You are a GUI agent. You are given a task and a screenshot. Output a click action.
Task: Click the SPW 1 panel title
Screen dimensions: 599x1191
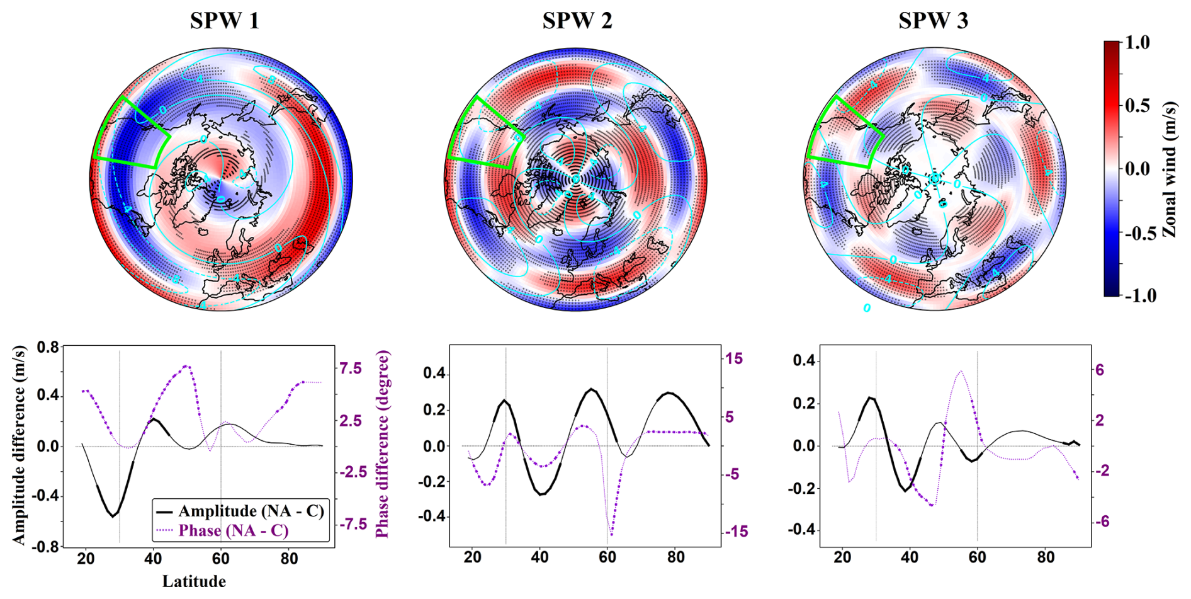point(225,21)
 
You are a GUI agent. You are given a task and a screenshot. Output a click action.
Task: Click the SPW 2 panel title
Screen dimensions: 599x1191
point(577,21)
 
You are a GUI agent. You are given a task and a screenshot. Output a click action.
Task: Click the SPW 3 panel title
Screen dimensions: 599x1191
point(933,21)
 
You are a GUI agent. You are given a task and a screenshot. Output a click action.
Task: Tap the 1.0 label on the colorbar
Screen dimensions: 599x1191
point(1137,43)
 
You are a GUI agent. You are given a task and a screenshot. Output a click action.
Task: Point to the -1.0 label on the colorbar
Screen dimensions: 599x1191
point(1139,295)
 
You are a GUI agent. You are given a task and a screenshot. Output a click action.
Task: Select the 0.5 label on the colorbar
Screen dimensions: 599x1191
point(1137,105)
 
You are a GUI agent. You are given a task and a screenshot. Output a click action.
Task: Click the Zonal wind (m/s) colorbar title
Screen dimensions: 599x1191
point(1170,169)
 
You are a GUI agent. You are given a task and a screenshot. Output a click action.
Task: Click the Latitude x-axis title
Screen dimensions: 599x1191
point(194,581)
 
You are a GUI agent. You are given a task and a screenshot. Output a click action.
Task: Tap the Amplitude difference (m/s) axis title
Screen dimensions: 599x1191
point(20,445)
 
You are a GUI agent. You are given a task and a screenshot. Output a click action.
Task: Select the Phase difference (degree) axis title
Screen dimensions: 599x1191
point(382,443)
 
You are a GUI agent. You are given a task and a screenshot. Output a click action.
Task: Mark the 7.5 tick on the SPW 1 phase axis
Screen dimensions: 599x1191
point(351,368)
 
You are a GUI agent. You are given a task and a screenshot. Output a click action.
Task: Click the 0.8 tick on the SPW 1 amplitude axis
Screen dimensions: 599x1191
point(48,347)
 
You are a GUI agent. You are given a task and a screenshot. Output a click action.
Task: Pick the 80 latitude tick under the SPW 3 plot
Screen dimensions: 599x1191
point(1045,557)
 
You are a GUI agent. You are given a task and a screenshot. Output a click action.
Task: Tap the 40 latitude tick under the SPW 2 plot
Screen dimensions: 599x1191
point(539,557)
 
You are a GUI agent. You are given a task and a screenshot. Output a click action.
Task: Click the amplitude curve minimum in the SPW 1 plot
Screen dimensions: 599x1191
point(113,516)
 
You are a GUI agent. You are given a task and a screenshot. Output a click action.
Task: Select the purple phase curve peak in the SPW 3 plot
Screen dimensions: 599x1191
point(961,371)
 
